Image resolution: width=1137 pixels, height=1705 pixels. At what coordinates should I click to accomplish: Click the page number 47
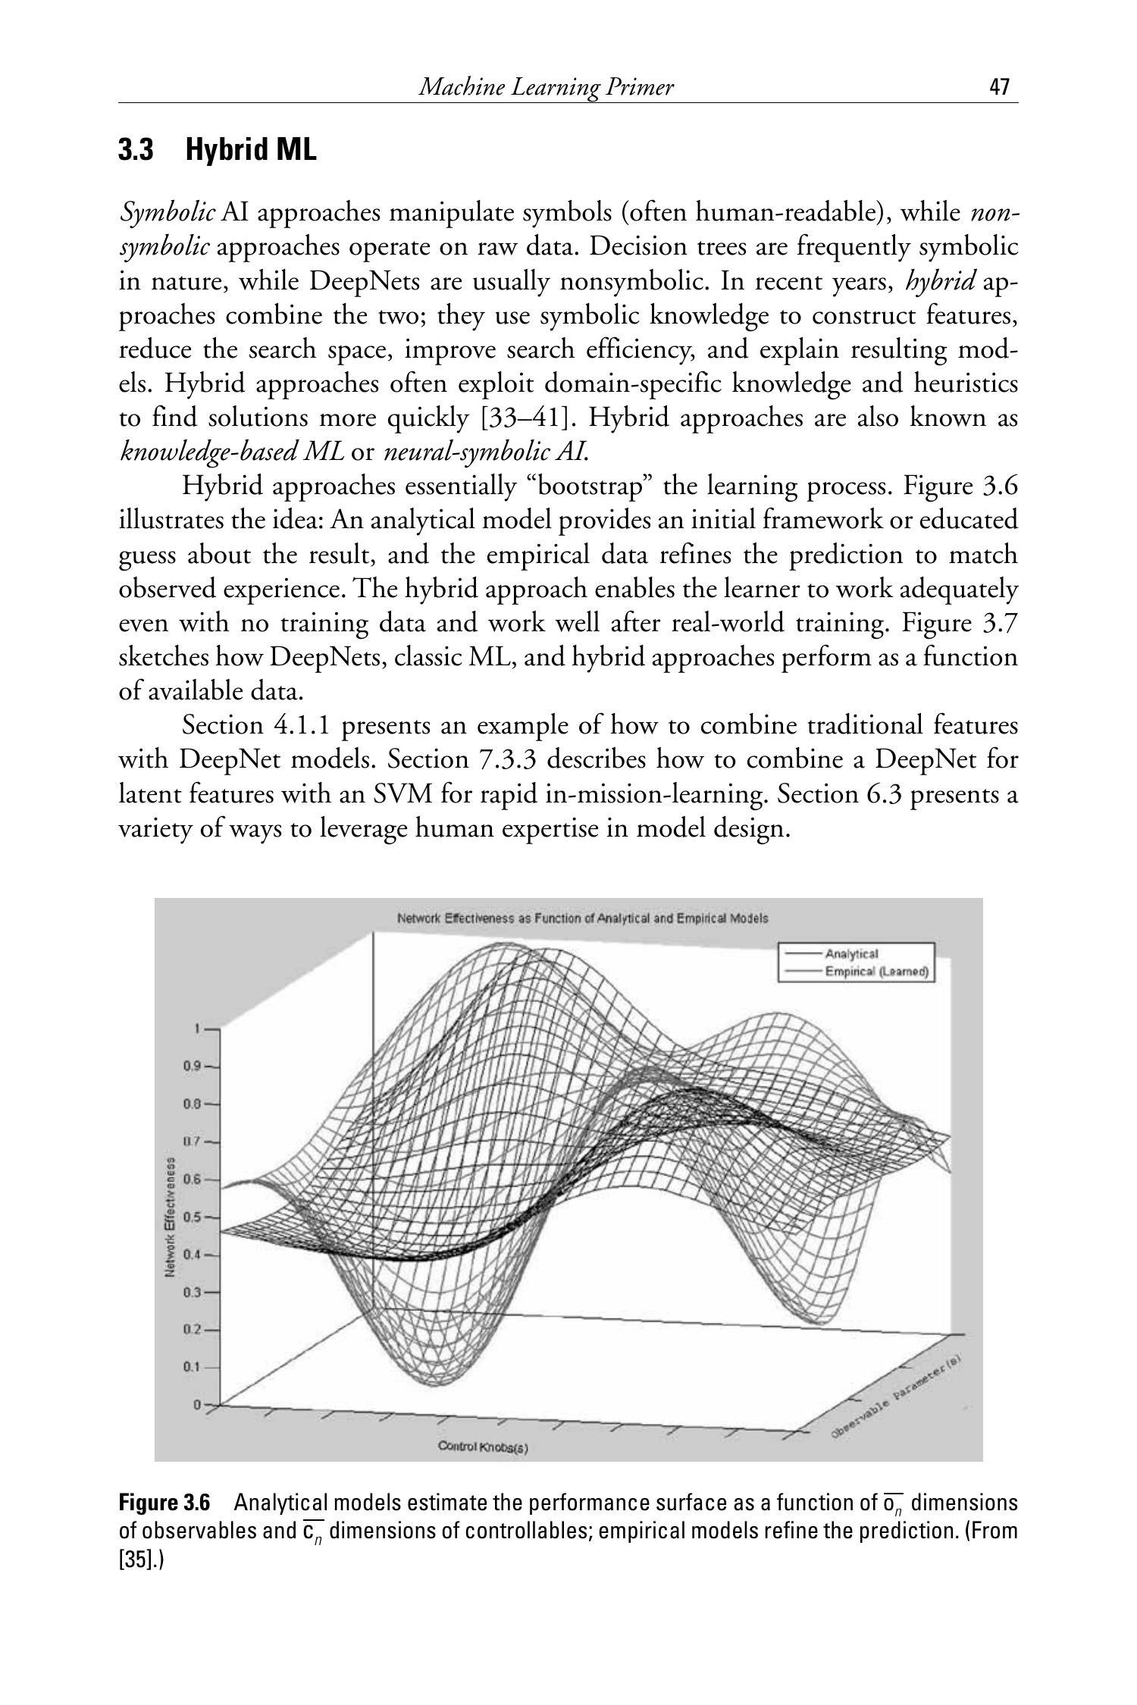(x=1000, y=88)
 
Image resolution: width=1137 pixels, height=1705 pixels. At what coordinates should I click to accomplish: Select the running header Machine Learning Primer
(x=546, y=88)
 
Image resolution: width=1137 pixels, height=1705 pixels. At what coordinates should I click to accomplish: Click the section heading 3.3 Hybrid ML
(x=218, y=150)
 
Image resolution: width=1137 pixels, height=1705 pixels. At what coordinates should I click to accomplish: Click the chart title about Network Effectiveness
(x=582, y=918)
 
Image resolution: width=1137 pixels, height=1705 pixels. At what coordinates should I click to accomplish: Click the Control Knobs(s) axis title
(x=483, y=1447)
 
